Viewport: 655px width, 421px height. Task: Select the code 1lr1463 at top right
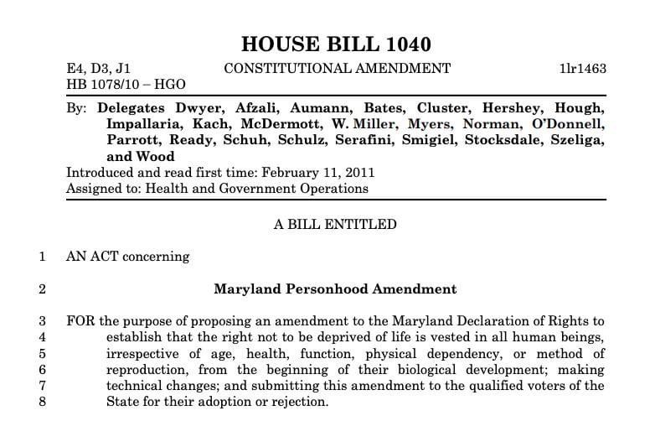tap(582, 69)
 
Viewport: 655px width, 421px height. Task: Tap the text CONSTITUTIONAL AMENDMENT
tap(337, 69)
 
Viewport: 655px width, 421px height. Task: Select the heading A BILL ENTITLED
tap(335, 224)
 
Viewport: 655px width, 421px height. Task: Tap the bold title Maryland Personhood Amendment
tap(335, 289)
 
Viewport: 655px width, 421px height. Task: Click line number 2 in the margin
tap(43, 289)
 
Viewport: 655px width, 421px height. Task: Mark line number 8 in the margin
tap(43, 402)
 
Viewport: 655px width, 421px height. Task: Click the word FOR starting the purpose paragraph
tap(80, 321)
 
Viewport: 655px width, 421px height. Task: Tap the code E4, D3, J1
tap(98, 69)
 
